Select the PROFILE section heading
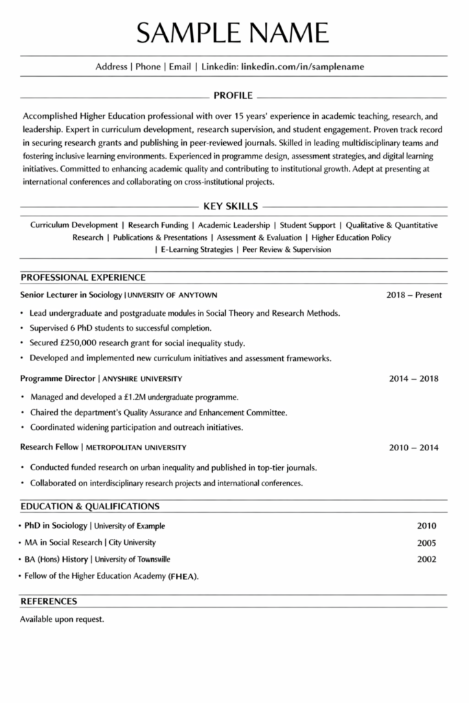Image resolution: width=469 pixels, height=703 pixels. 233,95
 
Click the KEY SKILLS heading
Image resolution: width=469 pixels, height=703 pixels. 231,205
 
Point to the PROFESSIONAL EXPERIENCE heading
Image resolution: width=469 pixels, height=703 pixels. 83,277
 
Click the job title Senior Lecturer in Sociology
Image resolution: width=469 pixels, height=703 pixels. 71,295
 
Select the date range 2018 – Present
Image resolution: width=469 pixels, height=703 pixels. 414,295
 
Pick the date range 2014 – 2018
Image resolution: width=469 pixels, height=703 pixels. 414,378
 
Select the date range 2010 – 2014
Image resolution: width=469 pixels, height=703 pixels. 414,448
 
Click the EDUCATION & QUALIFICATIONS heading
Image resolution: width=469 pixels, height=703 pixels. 90,507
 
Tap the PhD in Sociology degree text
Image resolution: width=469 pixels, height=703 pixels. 56,526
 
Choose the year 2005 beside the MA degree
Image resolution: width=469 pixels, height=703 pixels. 426,542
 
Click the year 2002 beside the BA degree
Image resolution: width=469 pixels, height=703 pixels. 426,559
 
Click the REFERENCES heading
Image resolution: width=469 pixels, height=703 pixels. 49,601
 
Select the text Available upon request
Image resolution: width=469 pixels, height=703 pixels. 62,619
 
